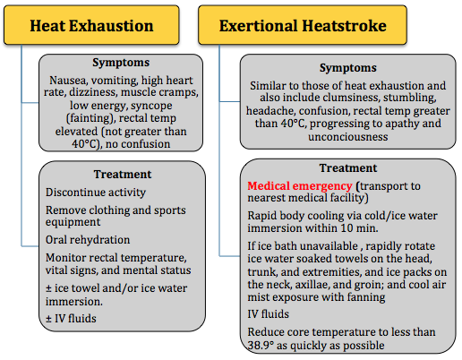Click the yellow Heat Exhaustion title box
click(x=91, y=25)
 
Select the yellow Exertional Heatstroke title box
click(x=303, y=25)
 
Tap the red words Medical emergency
click(x=300, y=186)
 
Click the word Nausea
click(x=68, y=81)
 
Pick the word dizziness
click(x=93, y=92)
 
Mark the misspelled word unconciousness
click(x=348, y=137)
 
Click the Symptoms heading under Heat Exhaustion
click(x=121, y=63)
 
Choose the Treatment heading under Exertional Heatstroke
click(x=348, y=168)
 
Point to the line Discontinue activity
click(x=96, y=193)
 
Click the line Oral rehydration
click(x=88, y=240)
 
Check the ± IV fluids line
click(x=71, y=319)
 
